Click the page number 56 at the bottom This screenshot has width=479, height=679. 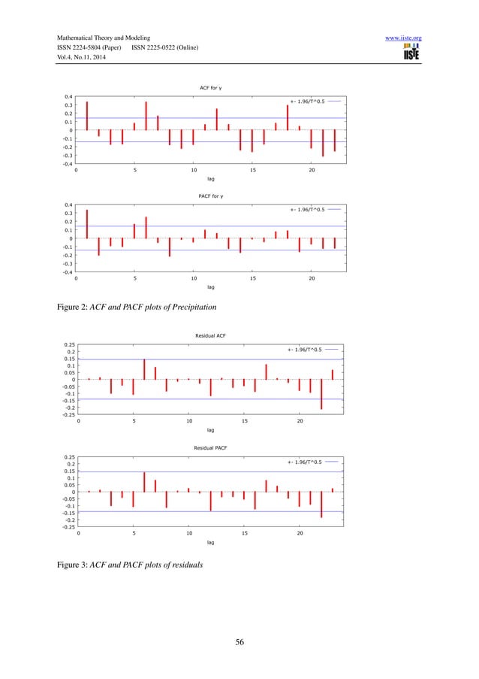tap(239, 641)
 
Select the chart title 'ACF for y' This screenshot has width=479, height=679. tap(210, 88)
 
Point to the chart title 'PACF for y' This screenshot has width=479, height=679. tap(210, 196)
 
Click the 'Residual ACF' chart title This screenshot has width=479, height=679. tap(210, 338)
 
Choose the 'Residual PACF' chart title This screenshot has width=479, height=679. tap(210, 447)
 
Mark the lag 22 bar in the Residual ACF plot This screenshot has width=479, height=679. tap(321, 394)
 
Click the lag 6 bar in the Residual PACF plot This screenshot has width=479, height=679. tap(144, 482)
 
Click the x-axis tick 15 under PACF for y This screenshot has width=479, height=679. tap(252, 278)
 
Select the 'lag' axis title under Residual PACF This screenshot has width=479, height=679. tap(210, 541)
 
